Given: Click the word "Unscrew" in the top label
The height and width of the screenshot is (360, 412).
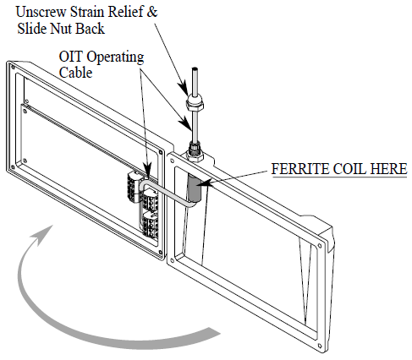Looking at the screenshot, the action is tap(41, 12).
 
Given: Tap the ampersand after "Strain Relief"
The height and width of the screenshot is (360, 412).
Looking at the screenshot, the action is tap(151, 12).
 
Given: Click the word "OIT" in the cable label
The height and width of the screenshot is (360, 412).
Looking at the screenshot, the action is tap(71, 57).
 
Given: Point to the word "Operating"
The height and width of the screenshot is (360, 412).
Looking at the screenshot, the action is tap(115, 57).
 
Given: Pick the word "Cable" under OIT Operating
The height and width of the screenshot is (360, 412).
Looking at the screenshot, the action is tap(75, 73).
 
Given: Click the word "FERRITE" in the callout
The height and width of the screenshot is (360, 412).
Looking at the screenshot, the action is tap(300, 169).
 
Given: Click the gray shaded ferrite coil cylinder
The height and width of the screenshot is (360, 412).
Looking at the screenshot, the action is tap(195, 188).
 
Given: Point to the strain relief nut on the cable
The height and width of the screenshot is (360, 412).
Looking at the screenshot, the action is tap(195, 103).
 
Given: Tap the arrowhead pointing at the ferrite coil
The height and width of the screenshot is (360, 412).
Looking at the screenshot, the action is tap(206, 183).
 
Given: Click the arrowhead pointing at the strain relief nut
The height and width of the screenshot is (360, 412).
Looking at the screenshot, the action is tap(184, 88).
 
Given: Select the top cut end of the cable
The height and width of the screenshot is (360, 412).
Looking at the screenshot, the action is tap(195, 68).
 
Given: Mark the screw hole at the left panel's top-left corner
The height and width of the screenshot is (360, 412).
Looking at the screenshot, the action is tap(13, 67).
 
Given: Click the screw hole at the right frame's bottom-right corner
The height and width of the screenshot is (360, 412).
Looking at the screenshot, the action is tap(320, 346).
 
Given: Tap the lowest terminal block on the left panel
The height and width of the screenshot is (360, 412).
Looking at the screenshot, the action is tap(151, 223).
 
